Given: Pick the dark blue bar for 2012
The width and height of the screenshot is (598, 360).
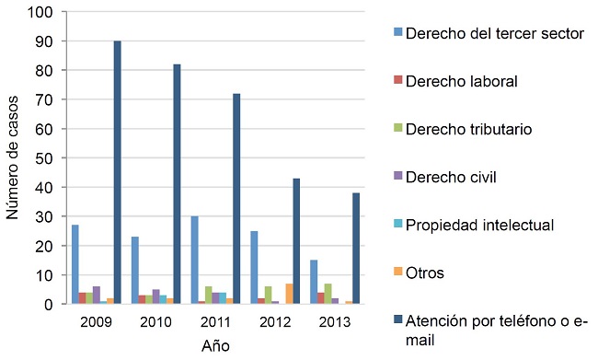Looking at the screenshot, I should click(x=295, y=241).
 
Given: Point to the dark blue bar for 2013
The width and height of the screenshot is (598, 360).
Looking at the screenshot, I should click(x=354, y=249).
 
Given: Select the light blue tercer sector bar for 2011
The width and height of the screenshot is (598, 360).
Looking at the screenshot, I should click(x=193, y=260).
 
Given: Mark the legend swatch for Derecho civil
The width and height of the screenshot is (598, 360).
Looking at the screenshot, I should click(x=397, y=177).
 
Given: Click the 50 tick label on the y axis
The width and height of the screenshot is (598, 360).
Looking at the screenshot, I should click(x=44, y=158).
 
